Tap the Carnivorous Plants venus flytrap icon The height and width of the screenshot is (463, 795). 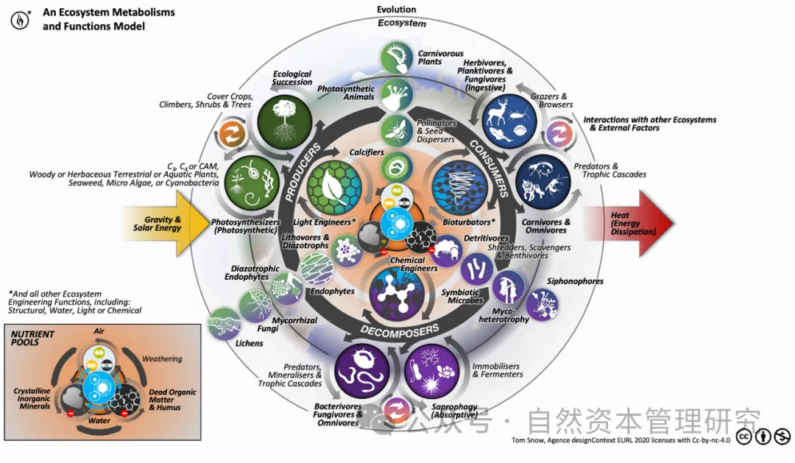[397, 57]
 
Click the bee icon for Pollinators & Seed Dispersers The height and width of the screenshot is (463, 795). [396, 130]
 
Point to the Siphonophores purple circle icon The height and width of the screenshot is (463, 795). [541, 303]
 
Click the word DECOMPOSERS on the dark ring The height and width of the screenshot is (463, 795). [400, 329]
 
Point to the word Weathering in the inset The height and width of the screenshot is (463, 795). [161, 358]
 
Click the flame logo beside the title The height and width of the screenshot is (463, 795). [21, 20]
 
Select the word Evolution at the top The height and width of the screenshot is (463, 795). [396, 10]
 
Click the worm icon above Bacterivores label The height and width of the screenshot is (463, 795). [361, 370]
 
